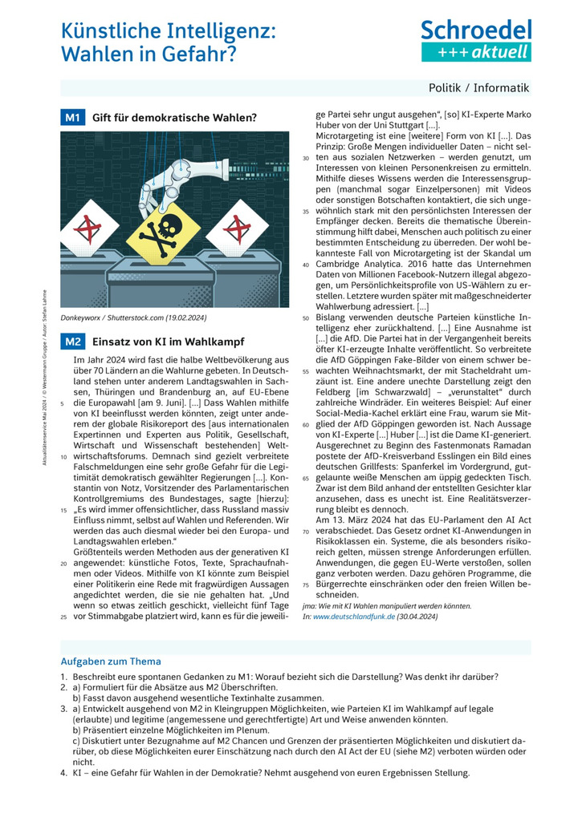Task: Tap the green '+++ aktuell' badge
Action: coord(476,52)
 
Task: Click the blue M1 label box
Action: coord(72,118)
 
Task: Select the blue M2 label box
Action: coord(72,342)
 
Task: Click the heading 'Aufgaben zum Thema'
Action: coord(111,661)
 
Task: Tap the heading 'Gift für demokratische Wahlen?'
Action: coord(174,118)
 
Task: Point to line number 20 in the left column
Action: coord(63,563)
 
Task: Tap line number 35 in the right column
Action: coord(305,212)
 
